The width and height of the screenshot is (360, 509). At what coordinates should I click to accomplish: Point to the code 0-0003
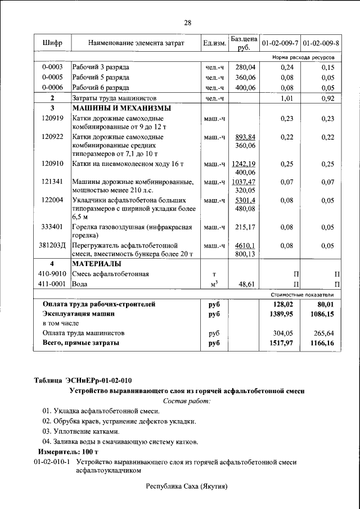52,67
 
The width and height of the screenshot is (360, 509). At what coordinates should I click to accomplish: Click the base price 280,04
245,67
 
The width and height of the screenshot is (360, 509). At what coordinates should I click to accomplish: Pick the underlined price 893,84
246,137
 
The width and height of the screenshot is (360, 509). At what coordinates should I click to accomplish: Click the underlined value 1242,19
244,164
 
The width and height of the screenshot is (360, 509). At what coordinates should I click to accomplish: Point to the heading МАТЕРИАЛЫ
96,263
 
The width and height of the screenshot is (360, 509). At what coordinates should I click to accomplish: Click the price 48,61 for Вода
246,284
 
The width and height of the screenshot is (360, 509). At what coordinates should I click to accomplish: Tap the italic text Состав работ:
187,400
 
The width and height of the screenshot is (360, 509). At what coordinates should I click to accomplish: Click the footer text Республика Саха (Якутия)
187,485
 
